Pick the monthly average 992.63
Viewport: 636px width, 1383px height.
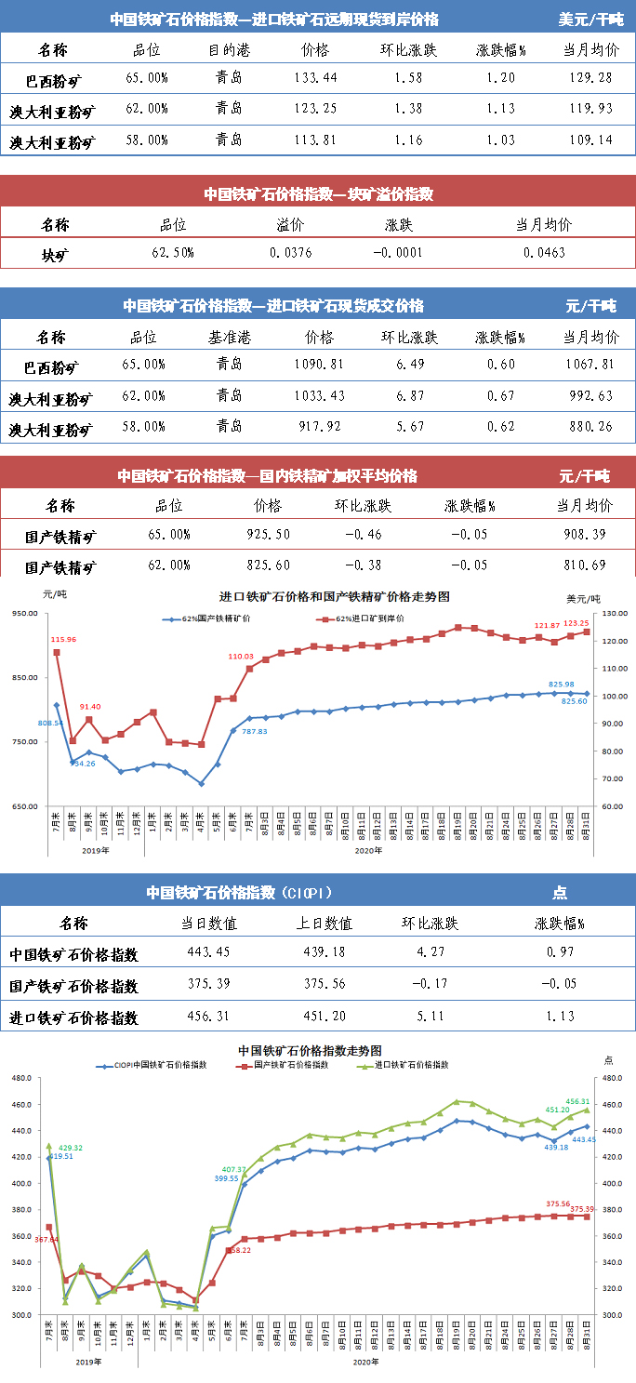click(590, 396)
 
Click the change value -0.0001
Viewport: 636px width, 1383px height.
click(398, 253)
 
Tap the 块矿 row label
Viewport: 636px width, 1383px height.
click(55, 253)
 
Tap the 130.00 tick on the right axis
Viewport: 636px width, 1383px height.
click(615, 614)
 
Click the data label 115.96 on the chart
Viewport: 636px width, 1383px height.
click(63, 640)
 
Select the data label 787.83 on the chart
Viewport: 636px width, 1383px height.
click(255, 732)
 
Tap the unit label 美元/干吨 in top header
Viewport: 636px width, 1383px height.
click(591, 19)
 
